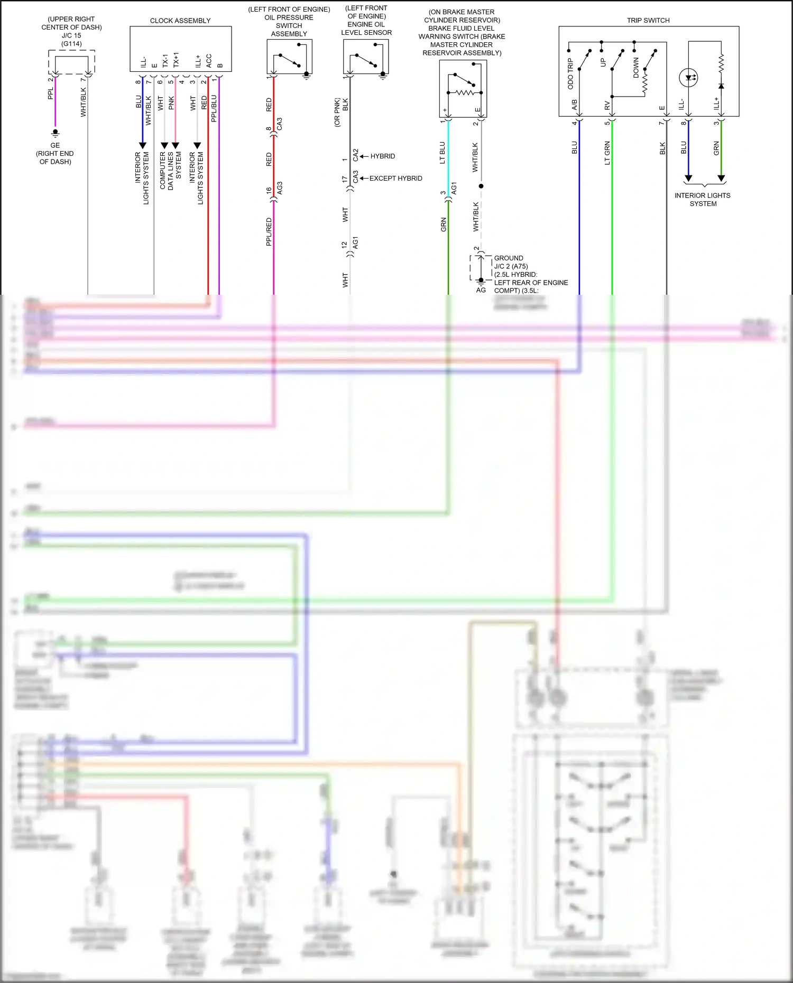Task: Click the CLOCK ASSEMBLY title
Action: pos(180,21)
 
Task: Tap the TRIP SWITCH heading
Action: pos(648,21)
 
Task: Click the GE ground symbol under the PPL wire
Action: pos(56,133)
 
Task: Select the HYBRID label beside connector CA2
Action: pos(382,156)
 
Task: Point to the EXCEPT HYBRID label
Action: pos(395,179)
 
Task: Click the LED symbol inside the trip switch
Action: pos(688,78)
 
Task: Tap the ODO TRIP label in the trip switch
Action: pos(570,74)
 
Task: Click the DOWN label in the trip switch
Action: pos(636,68)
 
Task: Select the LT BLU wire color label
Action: pos(442,153)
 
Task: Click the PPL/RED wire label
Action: pos(269,231)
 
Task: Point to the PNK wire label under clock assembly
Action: pos(171,103)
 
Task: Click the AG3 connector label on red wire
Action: pos(280,188)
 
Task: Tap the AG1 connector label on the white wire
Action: pos(355,243)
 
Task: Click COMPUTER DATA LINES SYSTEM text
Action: pos(170,171)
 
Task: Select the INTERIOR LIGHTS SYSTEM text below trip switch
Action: pos(703,200)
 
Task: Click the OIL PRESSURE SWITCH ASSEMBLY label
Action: pos(289,25)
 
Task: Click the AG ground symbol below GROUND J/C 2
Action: pos(481,282)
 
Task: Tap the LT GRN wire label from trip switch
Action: pos(607,153)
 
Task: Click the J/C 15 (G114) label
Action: pos(71,40)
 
